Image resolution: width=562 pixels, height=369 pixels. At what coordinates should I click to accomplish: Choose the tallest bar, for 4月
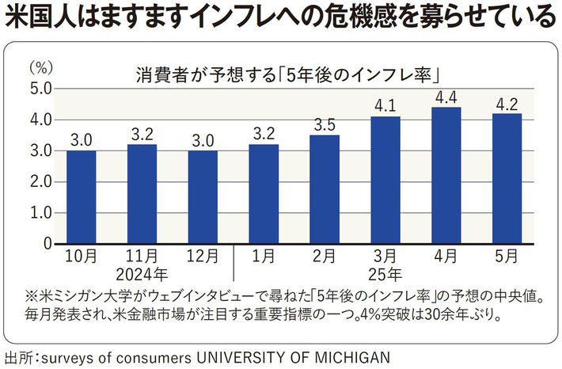(446, 175)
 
